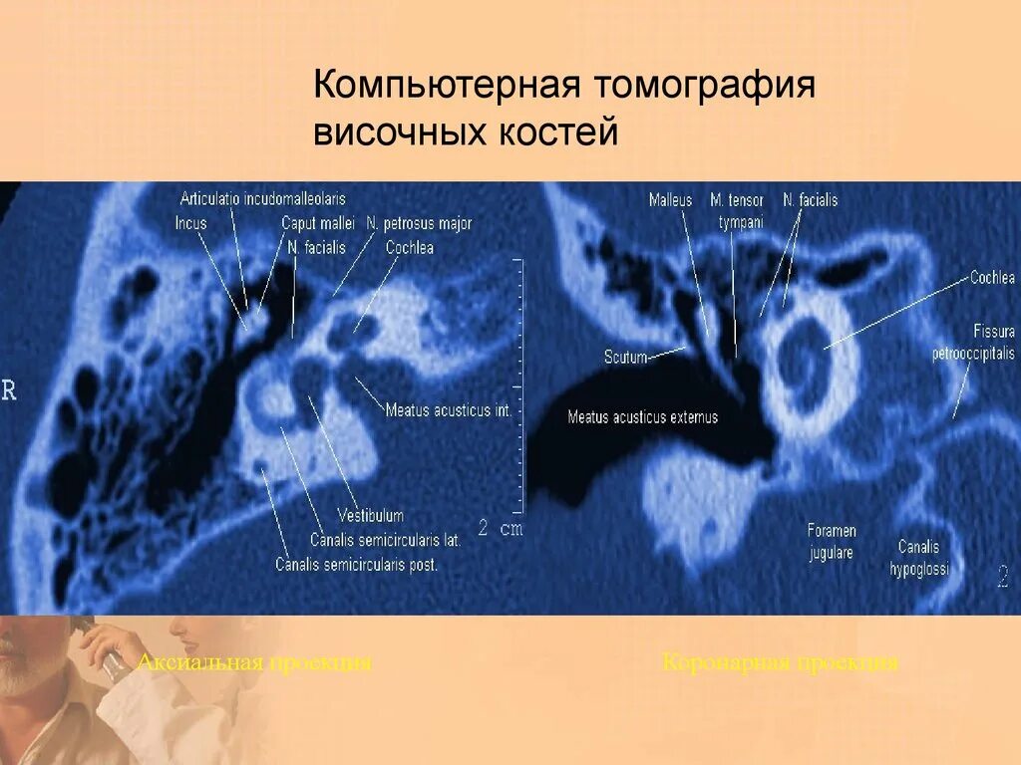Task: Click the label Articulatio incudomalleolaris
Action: pyautogui.click(x=263, y=198)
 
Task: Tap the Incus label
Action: pyautogui.click(x=190, y=223)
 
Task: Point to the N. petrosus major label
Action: pyautogui.click(x=419, y=223)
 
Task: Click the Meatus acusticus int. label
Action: pyautogui.click(x=448, y=409)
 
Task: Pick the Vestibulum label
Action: pyautogui.click(x=370, y=515)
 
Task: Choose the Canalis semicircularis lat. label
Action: pyautogui.click(x=384, y=540)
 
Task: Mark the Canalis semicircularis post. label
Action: pyautogui.click(x=357, y=564)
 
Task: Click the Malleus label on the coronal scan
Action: pyautogui.click(x=670, y=200)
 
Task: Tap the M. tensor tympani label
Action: pyautogui.click(x=738, y=211)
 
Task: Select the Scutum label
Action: pyautogui.click(x=625, y=356)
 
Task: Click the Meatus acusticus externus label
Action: pyautogui.click(x=642, y=417)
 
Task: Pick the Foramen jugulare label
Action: pyautogui.click(x=831, y=542)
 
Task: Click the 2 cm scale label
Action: pyautogui.click(x=500, y=528)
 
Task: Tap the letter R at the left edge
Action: pyautogui.click(x=9, y=390)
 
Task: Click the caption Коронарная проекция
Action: pyautogui.click(x=780, y=662)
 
